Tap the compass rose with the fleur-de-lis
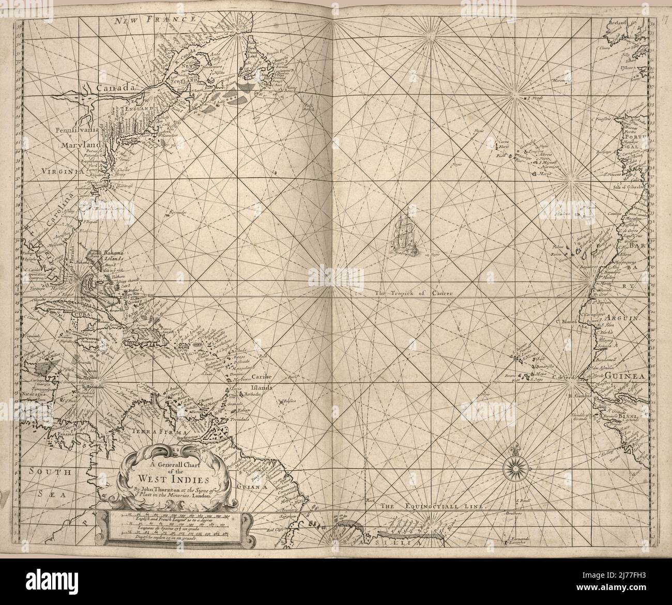515,467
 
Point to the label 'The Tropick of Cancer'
414,293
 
